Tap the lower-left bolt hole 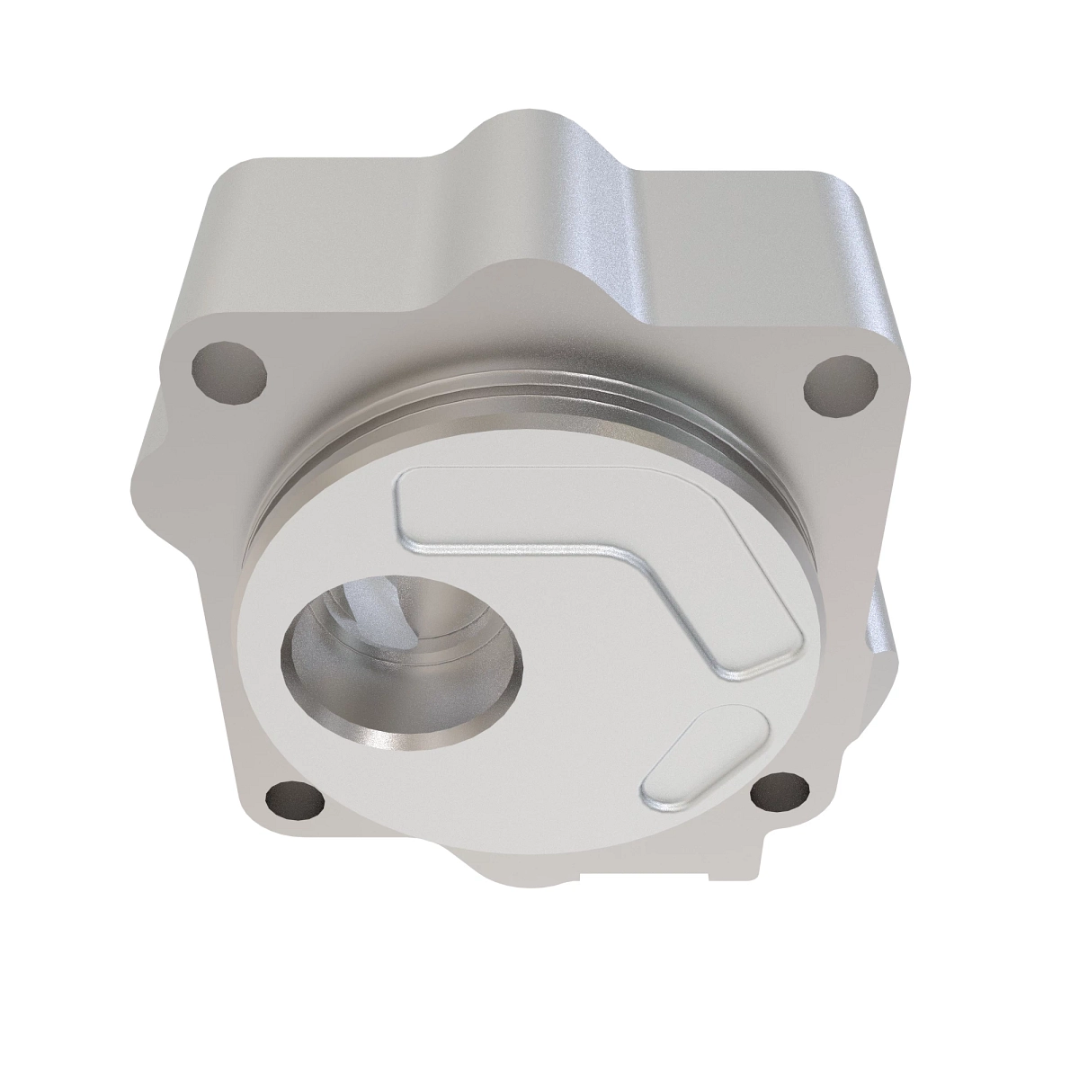click(288, 798)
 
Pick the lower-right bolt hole click(780, 795)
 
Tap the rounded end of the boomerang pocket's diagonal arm click(764, 643)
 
